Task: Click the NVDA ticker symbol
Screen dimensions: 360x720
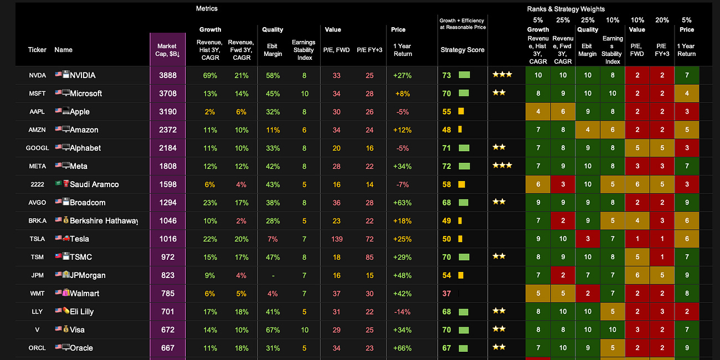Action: point(37,75)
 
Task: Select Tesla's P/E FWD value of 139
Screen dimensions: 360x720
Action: point(336,239)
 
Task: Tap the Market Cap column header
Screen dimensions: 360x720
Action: point(167,50)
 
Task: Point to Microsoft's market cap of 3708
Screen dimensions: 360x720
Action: point(168,94)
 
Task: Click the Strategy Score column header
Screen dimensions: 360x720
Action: point(462,50)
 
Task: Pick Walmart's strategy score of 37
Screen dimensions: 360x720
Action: point(446,294)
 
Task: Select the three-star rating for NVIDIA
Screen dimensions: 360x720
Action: point(502,75)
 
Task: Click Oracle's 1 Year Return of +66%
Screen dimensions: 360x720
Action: point(402,348)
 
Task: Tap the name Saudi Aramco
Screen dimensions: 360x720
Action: point(94,184)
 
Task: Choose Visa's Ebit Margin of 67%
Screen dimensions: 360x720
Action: point(272,330)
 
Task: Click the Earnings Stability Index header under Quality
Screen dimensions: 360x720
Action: point(304,50)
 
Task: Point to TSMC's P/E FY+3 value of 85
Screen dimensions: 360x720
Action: point(369,258)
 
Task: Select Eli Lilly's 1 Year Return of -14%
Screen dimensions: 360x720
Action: point(403,312)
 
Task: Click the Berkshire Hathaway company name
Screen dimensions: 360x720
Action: point(103,221)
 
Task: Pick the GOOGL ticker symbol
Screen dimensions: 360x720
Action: point(37,148)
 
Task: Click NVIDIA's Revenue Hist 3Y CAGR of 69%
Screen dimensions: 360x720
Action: point(210,75)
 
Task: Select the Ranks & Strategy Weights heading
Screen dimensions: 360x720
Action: point(565,9)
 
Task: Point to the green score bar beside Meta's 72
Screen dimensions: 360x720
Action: point(464,166)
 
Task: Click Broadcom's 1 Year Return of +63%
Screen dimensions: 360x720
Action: point(402,203)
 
